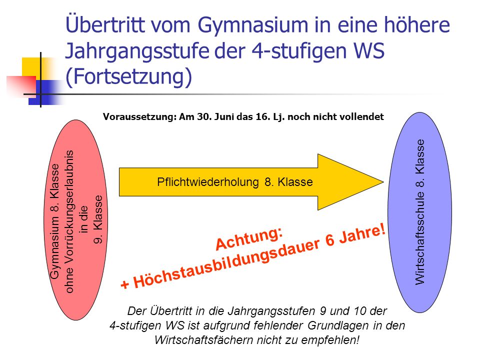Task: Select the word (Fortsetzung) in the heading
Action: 128,77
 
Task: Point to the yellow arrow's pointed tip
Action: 383,182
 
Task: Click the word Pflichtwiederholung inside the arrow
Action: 208,182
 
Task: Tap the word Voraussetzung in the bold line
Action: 139,117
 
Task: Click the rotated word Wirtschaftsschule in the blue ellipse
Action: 420,238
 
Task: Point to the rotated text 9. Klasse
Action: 98,219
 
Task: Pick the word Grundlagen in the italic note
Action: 338,325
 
